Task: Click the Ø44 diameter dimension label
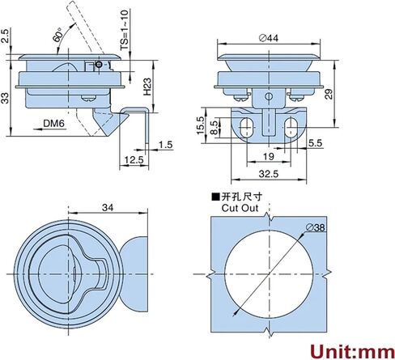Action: coord(269,38)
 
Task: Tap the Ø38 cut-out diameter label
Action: coord(316,228)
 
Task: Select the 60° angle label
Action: coord(58,35)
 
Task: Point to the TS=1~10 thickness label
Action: coord(125,30)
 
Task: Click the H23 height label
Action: coord(147,87)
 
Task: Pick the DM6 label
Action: coord(54,123)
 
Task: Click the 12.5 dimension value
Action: coord(134,160)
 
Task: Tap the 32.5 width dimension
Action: coord(269,174)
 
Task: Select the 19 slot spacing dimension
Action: coord(269,156)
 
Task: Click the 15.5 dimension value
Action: coord(200,125)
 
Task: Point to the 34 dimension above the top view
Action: coord(108,207)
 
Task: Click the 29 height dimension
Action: coord(329,94)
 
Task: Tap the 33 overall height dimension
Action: coord(5,98)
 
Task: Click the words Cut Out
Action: coord(240,208)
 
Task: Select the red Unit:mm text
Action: coord(352,351)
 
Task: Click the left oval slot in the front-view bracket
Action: coord(246,128)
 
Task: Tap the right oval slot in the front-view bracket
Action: coord(291,128)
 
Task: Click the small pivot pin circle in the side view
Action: coord(99,65)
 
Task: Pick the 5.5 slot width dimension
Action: coord(316,143)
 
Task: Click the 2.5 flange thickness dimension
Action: coord(5,36)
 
